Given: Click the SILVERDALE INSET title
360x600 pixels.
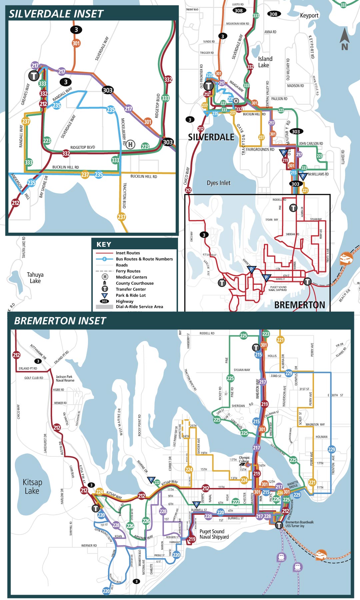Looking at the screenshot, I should click(x=56, y=14).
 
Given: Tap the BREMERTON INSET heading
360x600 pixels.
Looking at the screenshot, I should click(x=60, y=321).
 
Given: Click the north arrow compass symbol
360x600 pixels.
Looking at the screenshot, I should click(x=344, y=40).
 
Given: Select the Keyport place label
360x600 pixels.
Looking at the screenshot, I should click(x=309, y=15).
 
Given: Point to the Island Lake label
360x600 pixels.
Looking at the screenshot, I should click(x=265, y=62).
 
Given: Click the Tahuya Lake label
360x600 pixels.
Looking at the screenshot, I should click(x=35, y=278).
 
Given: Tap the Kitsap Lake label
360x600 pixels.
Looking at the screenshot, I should click(x=32, y=486).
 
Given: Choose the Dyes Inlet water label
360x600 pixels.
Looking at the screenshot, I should click(x=218, y=183).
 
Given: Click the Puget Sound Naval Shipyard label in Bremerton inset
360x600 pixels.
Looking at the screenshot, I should click(x=214, y=534).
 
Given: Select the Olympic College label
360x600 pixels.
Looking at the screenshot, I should click(x=244, y=459).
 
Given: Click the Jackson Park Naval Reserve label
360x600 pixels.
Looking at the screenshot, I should click(x=64, y=378).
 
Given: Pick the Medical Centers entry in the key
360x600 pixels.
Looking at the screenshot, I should click(x=131, y=277).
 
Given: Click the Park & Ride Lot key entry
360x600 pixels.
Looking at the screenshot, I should click(x=131, y=295).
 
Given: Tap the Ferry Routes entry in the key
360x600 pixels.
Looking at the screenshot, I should click(x=128, y=271).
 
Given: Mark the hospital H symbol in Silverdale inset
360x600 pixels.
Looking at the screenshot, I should click(x=130, y=144).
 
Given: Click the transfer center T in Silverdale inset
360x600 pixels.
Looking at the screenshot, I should click(x=34, y=76).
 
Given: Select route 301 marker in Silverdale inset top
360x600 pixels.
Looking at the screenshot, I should click(x=76, y=43).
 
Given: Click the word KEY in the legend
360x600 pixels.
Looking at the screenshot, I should click(x=104, y=244).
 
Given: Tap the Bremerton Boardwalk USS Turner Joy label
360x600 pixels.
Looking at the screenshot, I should click(x=299, y=524).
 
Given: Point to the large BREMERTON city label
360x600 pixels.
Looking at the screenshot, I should click(x=299, y=305).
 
